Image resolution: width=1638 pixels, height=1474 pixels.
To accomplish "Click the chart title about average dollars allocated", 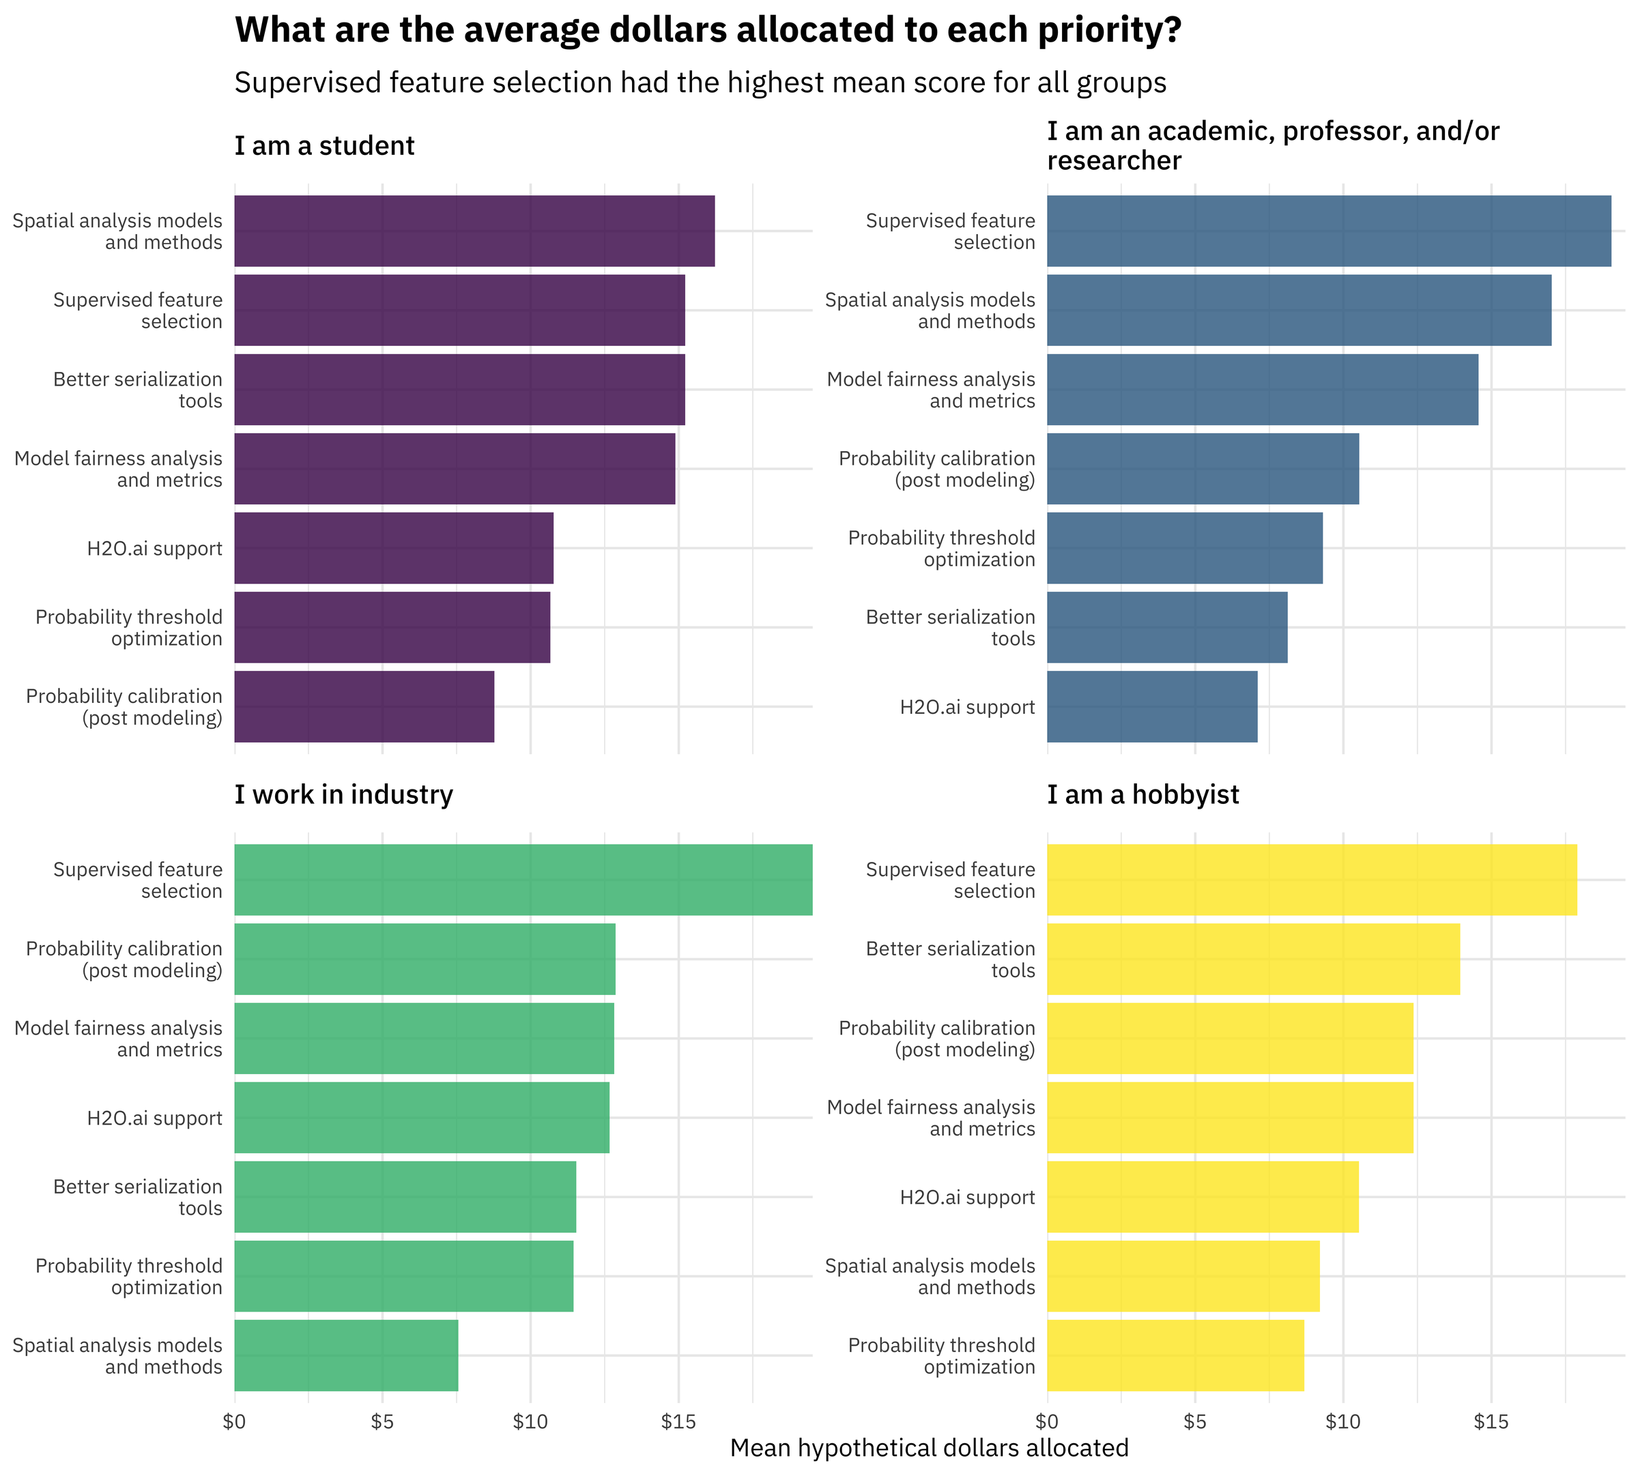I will click(x=707, y=31).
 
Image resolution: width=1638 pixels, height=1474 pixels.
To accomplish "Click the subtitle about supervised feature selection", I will click(x=700, y=83).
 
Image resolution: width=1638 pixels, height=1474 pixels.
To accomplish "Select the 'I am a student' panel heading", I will click(x=324, y=146).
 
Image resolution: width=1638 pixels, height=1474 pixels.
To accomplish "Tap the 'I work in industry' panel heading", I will click(x=343, y=794).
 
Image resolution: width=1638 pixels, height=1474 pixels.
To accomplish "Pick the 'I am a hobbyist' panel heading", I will click(x=1143, y=794).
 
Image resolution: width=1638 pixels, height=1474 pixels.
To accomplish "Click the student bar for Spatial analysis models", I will click(x=474, y=231).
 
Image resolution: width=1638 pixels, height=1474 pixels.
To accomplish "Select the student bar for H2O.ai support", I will click(x=394, y=547).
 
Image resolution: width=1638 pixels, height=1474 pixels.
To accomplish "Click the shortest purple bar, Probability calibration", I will click(x=364, y=706).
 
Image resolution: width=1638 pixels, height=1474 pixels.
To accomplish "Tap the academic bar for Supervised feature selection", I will click(x=1329, y=231).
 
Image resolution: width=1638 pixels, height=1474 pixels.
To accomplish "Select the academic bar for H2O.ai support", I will click(x=1152, y=706).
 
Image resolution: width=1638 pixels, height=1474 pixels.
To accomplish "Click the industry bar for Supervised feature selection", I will click(x=523, y=880).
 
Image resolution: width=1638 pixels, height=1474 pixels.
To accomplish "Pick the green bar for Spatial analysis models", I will click(x=346, y=1356).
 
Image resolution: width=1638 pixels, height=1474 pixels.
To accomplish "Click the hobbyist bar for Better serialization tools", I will click(x=1253, y=959).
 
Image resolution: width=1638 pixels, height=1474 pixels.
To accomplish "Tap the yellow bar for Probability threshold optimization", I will click(x=1175, y=1356).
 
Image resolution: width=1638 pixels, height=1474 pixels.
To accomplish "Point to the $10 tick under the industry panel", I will click(x=530, y=1421).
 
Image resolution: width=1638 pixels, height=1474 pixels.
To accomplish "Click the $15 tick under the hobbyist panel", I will click(x=1491, y=1421).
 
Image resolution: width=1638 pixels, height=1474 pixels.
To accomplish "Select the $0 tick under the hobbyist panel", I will click(x=1047, y=1421).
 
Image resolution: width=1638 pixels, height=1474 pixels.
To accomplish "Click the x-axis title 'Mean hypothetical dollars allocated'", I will click(x=929, y=1448).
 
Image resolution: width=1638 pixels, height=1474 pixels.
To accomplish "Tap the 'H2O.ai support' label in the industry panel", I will click(x=154, y=1118).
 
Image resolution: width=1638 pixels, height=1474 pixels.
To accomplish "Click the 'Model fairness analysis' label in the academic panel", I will click(x=931, y=390).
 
